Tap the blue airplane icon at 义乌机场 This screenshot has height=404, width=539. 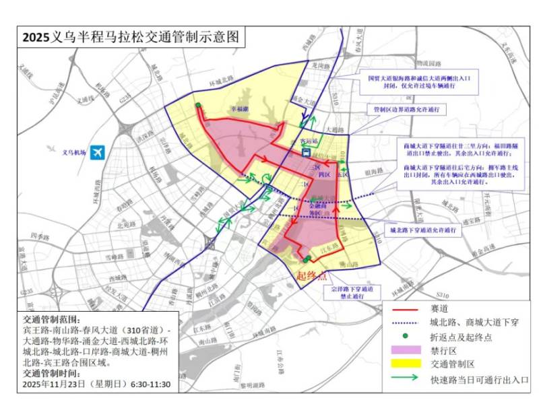click(98, 152)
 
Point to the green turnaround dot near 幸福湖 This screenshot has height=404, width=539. click(198, 105)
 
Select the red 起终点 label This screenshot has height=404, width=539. click(312, 276)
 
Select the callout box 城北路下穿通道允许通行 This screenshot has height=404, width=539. click(426, 230)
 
